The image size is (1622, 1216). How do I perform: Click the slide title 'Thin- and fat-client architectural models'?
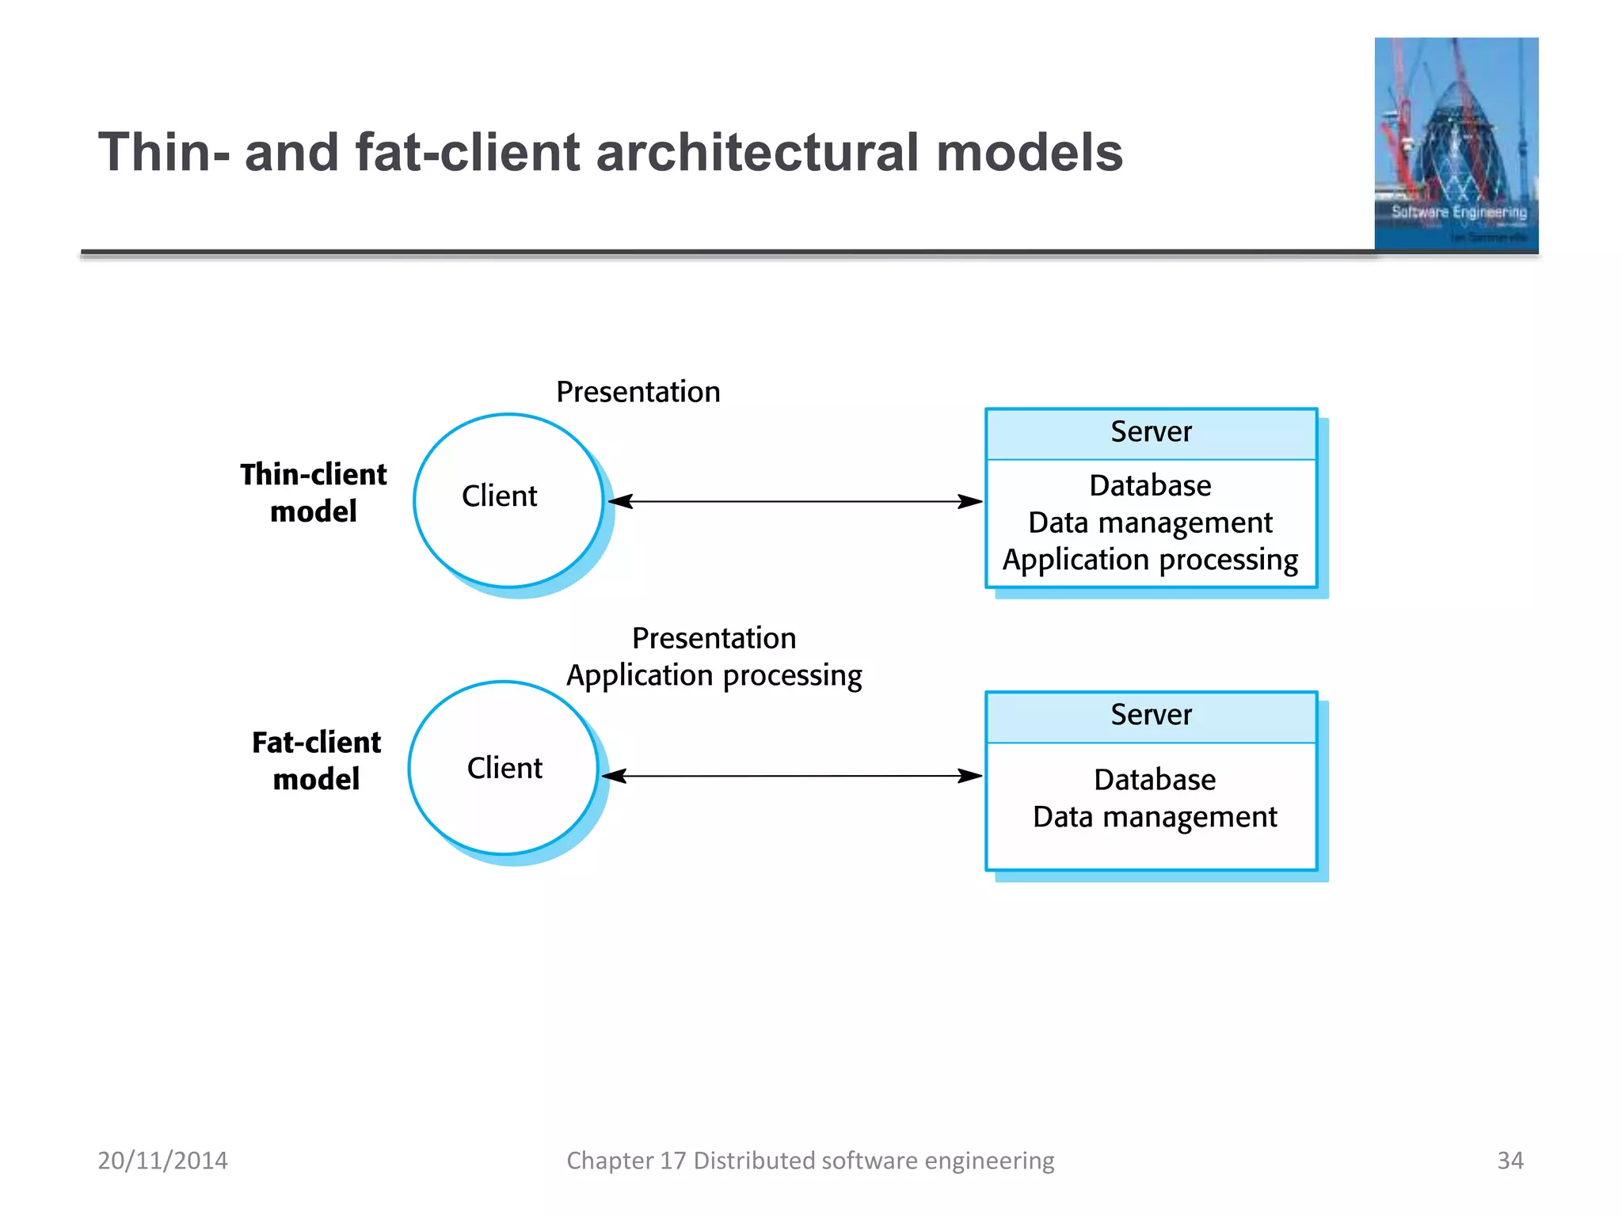[x=610, y=152]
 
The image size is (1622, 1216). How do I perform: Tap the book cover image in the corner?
[x=1456, y=144]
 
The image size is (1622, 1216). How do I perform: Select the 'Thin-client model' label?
[x=314, y=492]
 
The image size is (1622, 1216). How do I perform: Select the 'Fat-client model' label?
[x=316, y=760]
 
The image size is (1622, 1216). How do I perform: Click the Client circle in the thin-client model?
[x=508, y=500]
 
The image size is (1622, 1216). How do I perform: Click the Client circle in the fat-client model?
[x=504, y=768]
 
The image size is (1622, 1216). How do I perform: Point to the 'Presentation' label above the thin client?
[x=638, y=392]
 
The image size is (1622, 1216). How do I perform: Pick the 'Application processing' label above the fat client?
[x=714, y=675]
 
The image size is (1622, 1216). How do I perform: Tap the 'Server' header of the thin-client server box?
[x=1151, y=432]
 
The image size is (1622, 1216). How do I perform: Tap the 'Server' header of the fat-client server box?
[x=1151, y=715]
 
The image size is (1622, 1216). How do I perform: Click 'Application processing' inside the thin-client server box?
[x=1150, y=560]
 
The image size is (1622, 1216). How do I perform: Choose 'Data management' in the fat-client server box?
[x=1155, y=816]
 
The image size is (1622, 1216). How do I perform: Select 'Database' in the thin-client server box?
[x=1150, y=485]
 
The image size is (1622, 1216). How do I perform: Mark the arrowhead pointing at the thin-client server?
[x=971, y=501]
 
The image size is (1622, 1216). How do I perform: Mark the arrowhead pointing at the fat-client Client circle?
[x=615, y=776]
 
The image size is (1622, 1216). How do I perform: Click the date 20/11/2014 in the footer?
[x=162, y=1161]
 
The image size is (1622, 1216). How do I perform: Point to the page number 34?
[x=1510, y=1161]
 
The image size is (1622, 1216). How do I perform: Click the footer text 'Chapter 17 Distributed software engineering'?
[x=810, y=1161]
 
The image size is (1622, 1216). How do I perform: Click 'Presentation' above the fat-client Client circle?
[x=714, y=638]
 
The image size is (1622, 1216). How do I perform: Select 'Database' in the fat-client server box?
[x=1155, y=780]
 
